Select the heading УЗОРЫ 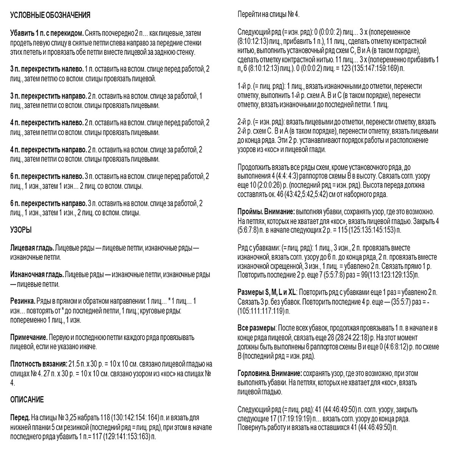21,230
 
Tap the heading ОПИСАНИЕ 27,400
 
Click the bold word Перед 19,418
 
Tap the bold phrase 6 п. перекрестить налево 47,177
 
